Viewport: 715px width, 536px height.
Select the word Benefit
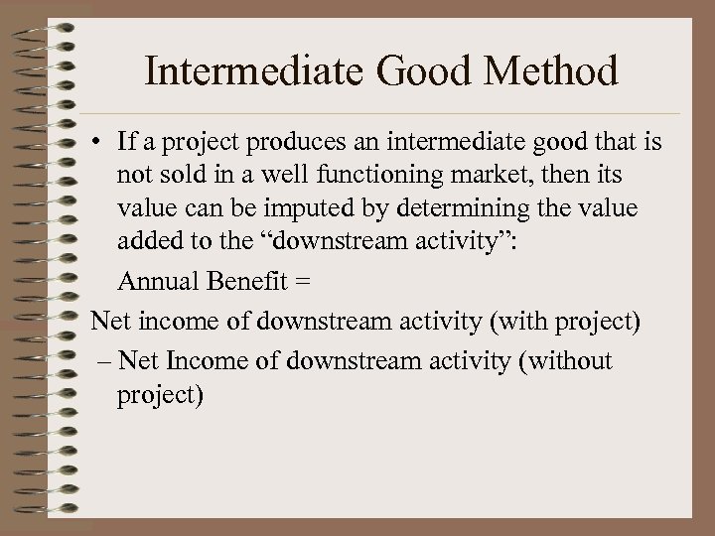242,283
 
